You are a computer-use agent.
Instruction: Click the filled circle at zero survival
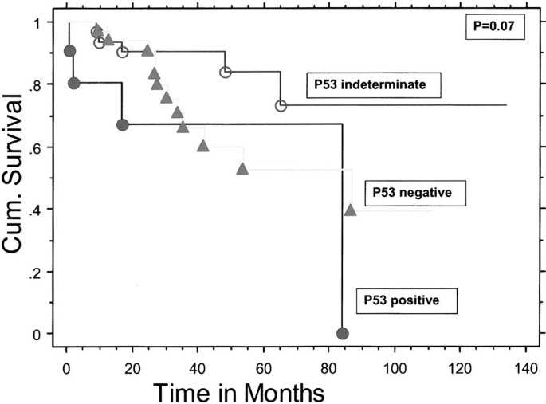(x=343, y=333)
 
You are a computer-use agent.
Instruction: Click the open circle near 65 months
(x=281, y=106)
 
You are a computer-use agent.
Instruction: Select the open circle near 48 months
(x=226, y=73)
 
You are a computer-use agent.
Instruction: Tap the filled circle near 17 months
(x=122, y=125)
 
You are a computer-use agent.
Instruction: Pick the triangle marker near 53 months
(x=242, y=169)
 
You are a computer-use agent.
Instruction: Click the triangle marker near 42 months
(x=203, y=146)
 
